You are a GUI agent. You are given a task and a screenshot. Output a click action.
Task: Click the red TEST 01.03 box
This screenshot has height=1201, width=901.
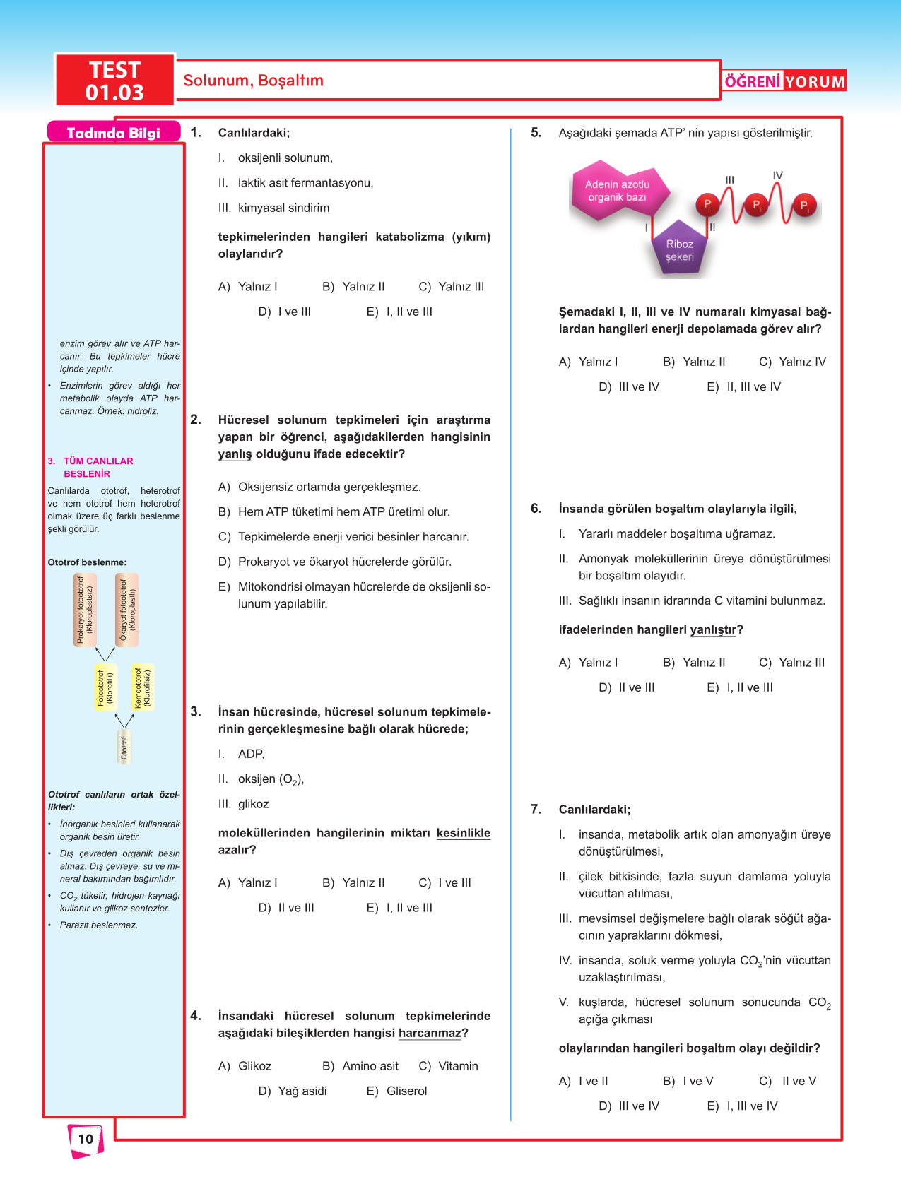114,81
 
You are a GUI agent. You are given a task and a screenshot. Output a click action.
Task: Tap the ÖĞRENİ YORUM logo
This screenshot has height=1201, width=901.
784,81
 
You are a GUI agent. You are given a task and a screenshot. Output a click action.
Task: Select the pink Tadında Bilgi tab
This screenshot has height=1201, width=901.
113,133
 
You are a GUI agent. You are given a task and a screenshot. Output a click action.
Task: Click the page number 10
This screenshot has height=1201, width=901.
86,1139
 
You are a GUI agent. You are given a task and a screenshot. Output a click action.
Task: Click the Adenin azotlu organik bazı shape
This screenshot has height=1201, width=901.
617,191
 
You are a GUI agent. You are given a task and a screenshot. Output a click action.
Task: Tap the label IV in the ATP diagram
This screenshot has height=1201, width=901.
777,175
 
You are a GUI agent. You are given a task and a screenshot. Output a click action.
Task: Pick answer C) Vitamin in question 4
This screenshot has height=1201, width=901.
449,1066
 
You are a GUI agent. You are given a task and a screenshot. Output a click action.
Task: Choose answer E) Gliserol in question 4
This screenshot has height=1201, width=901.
397,1091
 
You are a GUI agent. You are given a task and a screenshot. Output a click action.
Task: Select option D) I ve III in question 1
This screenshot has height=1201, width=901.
285,312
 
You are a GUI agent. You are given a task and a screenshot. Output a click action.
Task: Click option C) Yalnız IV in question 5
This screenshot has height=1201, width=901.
792,362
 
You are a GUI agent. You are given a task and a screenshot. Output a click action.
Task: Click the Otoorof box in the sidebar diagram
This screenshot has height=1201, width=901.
124,747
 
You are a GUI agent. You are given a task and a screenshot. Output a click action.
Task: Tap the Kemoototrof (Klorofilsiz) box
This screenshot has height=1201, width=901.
143,687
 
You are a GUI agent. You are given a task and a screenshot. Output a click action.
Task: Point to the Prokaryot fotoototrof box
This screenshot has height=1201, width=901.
85,610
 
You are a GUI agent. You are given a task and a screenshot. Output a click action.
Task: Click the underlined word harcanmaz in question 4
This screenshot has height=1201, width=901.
430,1033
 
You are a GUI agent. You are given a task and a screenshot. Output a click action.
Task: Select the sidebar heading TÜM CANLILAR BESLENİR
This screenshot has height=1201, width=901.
98,467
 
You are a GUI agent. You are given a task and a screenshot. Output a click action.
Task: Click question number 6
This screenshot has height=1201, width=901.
536,509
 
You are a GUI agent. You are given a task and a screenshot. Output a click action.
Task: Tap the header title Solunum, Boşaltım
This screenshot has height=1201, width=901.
253,81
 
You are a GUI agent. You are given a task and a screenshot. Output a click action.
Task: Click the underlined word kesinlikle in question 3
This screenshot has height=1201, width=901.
463,833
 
